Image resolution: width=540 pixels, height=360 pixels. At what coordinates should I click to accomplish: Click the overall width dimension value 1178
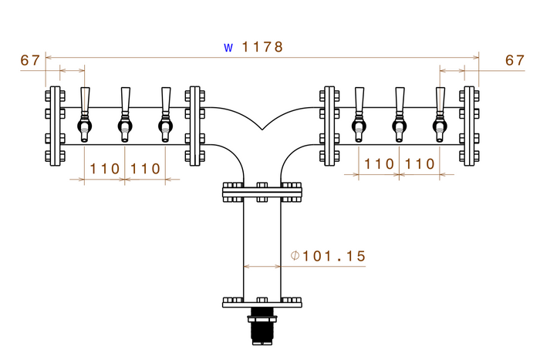point(263,47)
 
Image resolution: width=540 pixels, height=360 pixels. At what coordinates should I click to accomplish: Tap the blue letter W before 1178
point(228,48)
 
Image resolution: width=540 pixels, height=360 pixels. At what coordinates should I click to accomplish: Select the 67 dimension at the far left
point(30,60)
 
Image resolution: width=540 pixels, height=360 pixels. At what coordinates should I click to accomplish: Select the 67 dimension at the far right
point(515,60)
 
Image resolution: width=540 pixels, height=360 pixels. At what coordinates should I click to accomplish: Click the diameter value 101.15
point(334,255)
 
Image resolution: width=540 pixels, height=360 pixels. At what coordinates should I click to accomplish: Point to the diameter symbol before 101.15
point(295,255)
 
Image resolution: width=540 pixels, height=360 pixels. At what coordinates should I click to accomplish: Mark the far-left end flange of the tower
point(54,126)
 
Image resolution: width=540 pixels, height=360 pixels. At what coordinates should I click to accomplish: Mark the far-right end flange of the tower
point(467,126)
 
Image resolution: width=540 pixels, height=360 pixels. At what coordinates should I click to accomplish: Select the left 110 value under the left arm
point(104,168)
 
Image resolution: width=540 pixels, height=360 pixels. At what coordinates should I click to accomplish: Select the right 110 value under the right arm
point(420,164)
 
